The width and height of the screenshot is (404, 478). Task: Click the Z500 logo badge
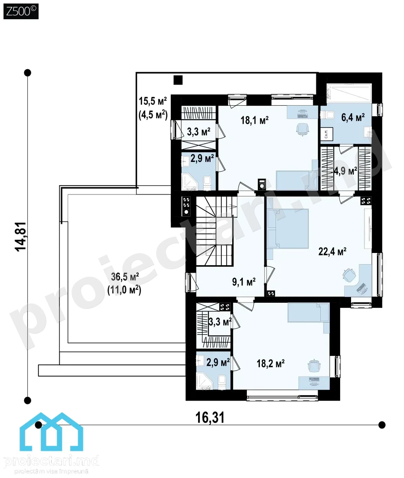click(x=21, y=12)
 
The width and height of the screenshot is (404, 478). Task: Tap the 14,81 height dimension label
click(x=21, y=237)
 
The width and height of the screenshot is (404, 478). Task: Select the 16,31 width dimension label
click(x=210, y=417)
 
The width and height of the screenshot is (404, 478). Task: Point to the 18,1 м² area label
click(x=255, y=120)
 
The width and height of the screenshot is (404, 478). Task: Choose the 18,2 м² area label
click(x=271, y=363)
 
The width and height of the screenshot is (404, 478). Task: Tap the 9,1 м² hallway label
click(x=244, y=282)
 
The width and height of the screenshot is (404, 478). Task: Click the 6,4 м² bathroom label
click(x=353, y=118)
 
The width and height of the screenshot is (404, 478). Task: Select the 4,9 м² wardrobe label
click(x=345, y=171)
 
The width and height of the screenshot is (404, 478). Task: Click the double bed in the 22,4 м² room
click(x=288, y=229)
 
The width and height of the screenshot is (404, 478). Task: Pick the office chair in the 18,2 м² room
click(x=314, y=366)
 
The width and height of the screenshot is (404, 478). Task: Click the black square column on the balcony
click(x=178, y=80)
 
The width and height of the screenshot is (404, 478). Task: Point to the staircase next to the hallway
click(x=215, y=231)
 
